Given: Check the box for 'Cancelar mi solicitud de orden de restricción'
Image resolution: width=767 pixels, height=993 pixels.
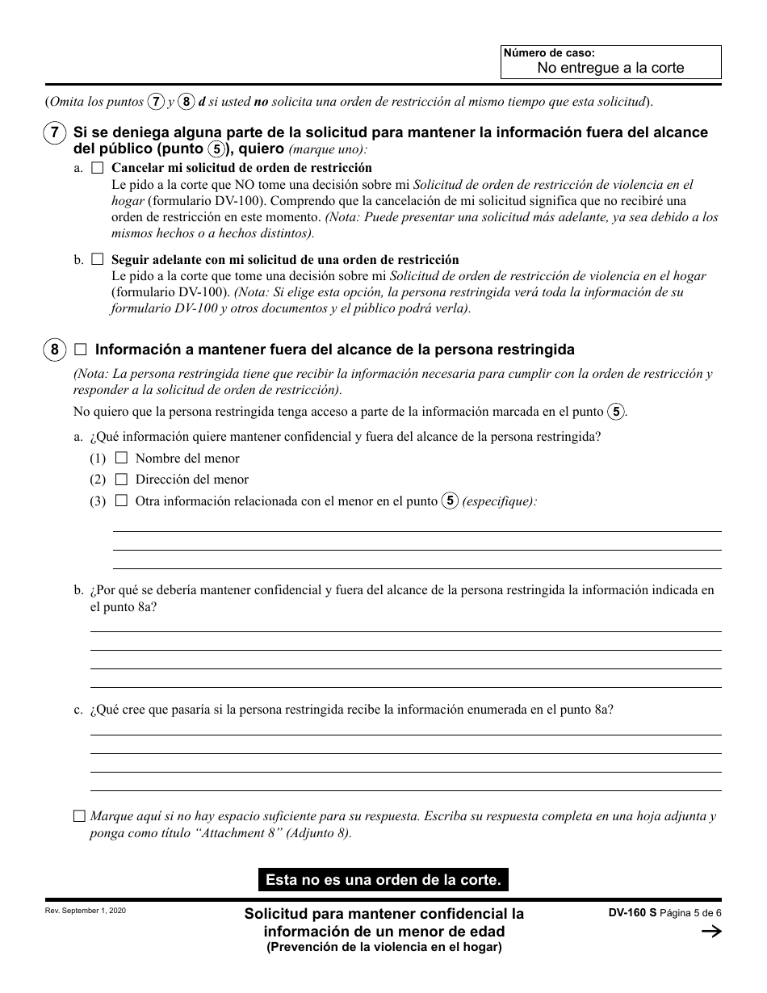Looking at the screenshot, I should (x=98, y=169).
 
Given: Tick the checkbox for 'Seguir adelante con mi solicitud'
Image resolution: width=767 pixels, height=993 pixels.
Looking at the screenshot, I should (x=98, y=260).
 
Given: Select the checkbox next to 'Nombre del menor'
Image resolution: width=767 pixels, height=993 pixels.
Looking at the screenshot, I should (x=122, y=458).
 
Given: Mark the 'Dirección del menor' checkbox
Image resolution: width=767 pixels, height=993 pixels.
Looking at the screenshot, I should (x=122, y=480).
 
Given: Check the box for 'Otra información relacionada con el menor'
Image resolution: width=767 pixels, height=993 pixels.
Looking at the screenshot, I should (x=122, y=501).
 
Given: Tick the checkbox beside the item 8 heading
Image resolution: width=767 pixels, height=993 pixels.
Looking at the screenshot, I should (x=80, y=350).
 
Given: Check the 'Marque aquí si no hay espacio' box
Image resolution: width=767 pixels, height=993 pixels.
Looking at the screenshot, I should (x=79, y=816).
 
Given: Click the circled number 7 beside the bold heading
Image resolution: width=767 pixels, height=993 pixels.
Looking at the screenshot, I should (x=53, y=132).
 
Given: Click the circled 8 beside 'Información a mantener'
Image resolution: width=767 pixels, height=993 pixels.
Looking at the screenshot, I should (x=53, y=350).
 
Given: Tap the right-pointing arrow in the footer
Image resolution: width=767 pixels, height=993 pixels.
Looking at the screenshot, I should (x=710, y=932).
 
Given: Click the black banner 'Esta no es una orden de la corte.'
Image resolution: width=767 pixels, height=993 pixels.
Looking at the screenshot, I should (x=383, y=879).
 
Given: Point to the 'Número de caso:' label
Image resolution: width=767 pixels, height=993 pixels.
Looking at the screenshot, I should (x=534, y=52).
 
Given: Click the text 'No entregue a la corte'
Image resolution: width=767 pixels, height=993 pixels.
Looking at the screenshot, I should (x=610, y=68).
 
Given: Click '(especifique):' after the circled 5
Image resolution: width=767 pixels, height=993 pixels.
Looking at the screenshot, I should (x=500, y=501).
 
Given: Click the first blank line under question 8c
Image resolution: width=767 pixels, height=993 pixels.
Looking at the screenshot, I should (x=405, y=734).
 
